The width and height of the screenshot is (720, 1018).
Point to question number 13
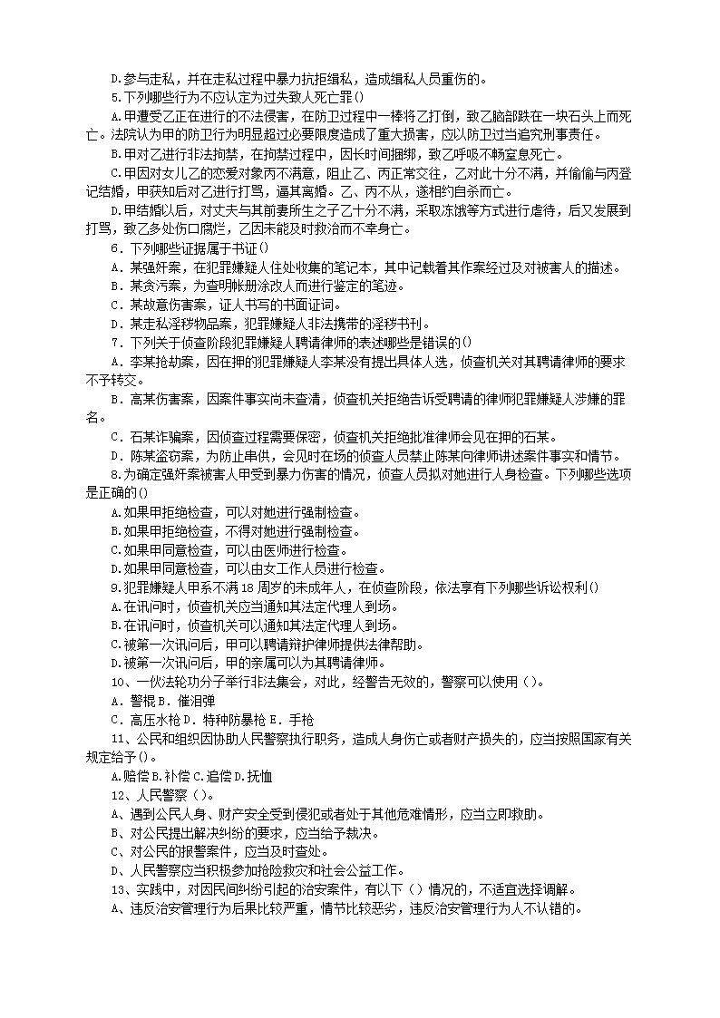(x=119, y=888)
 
